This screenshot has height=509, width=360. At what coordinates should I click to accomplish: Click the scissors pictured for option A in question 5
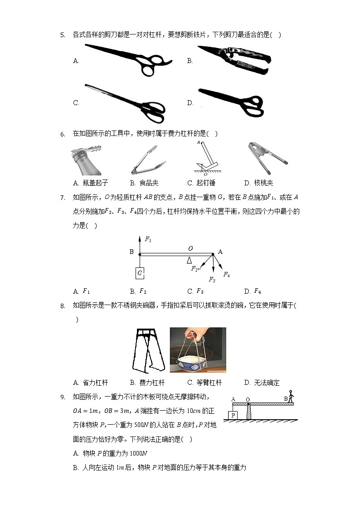(128, 59)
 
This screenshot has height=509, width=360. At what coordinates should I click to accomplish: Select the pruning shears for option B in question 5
(234, 58)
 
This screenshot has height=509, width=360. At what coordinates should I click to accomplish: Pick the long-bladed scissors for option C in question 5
(125, 102)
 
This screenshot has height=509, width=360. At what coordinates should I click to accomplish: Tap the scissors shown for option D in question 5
(231, 102)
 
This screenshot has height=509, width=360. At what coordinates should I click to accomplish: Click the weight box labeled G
(140, 273)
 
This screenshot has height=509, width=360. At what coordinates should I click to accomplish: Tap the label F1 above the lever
(148, 239)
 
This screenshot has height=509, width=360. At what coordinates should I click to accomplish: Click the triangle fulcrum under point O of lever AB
(190, 260)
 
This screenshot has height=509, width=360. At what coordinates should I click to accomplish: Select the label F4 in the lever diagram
(226, 275)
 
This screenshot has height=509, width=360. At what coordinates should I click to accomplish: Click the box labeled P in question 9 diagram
(233, 415)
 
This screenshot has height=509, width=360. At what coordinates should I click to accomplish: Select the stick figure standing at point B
(291, 397)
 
